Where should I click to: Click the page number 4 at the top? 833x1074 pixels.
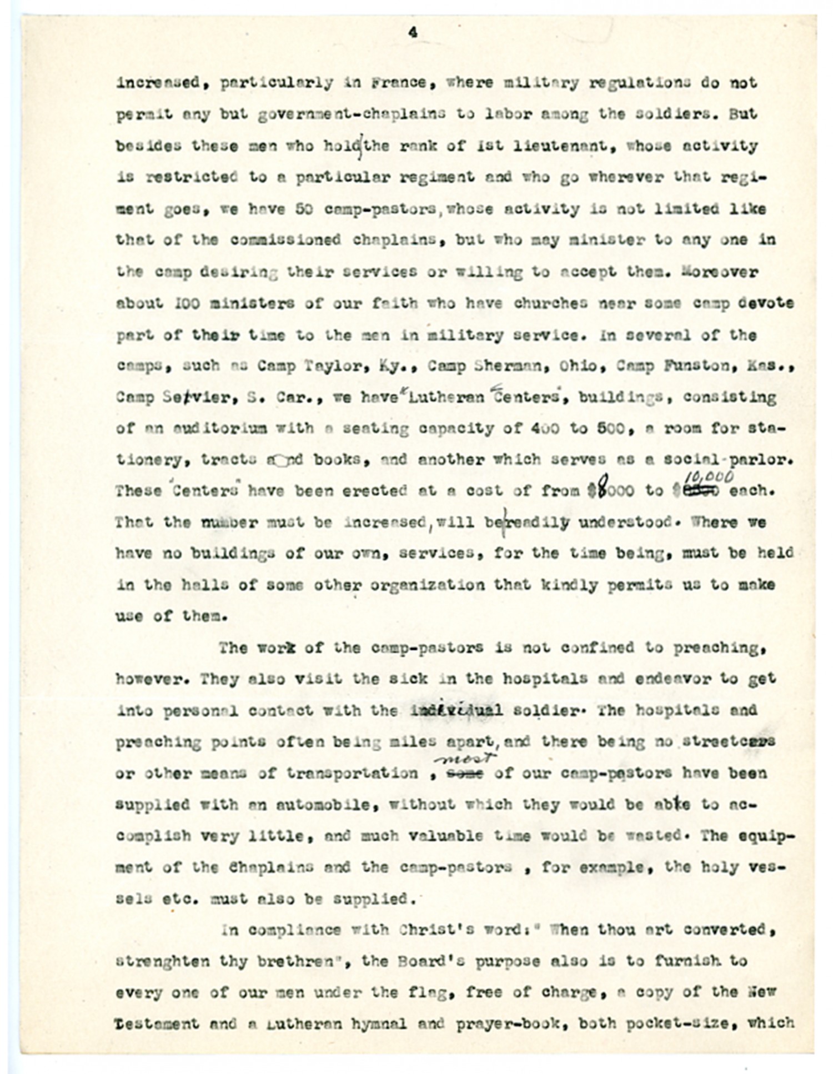click(x=413, y=33)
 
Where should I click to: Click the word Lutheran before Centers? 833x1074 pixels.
click(x=446, y=398)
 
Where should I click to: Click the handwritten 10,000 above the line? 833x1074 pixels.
click(x=708, y=477)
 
